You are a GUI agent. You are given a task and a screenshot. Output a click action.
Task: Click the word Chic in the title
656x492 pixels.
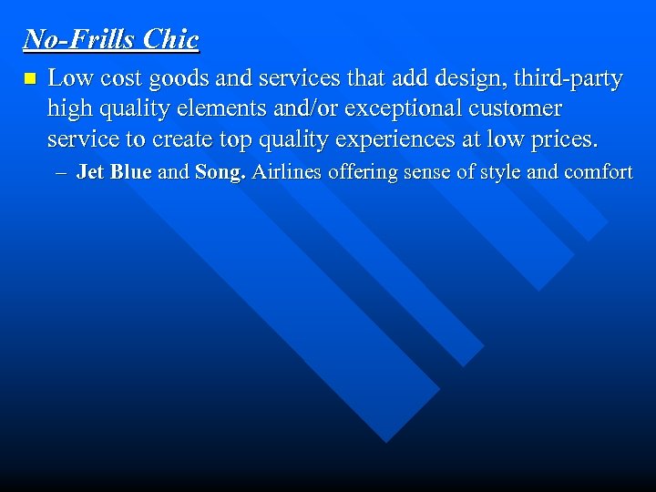(x=170, y=39)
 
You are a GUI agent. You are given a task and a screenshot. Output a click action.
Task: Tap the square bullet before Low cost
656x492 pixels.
(x=29, y=79)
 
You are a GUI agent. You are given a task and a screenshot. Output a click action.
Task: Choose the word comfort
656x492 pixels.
(x=597, y=171)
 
